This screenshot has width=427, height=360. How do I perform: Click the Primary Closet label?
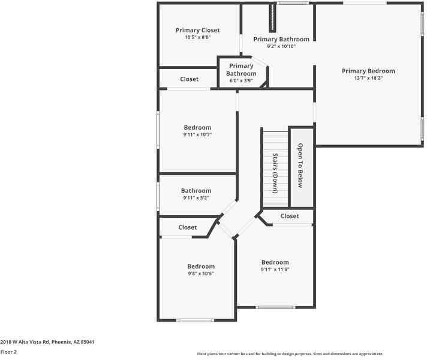(197, 30)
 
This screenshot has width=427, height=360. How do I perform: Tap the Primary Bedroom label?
(368, 71)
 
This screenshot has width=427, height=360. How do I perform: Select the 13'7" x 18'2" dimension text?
(368, 78)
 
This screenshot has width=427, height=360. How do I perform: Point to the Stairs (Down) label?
(275, 173)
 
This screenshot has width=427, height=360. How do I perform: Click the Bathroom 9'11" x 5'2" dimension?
(196, 198)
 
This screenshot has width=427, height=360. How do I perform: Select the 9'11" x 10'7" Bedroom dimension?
(197, 135)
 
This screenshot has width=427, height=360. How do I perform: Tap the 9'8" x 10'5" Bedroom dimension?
(200, 274)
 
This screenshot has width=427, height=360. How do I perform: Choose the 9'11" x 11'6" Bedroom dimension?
(275, 269)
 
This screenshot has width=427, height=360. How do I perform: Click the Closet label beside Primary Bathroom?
(190, 79)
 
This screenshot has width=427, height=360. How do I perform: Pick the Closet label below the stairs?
(290, 216)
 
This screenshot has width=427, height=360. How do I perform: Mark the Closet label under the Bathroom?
(188, 227)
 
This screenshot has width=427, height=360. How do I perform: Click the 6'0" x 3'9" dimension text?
(241, 80)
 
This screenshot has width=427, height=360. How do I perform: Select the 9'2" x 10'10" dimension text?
(281, 46)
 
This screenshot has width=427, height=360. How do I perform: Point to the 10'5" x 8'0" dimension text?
(197, 37)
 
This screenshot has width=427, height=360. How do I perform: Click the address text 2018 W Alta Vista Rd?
(47, 341)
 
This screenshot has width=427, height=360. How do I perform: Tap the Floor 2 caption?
(8, 352)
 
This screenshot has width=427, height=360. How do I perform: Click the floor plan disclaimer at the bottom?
(290, 354)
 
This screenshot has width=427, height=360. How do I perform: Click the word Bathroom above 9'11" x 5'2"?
(196, 191)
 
